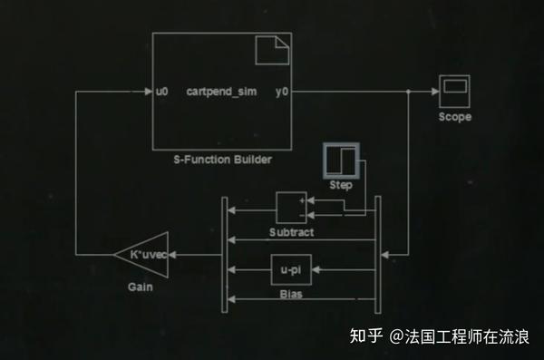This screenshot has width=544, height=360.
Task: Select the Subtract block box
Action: pos(291,208)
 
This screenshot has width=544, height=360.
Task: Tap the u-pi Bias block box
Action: pos(291,270)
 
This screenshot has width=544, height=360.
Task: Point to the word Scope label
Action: pos(454,118)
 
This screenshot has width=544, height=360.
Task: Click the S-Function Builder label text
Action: pos(223,160)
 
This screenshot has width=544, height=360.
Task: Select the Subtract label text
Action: pos(291,232)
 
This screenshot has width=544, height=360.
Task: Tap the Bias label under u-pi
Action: pos(291,294)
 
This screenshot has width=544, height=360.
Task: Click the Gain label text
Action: pos(141,287)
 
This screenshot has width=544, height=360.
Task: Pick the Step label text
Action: pos(341,186)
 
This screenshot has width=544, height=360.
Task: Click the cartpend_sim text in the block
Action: pos(222,92)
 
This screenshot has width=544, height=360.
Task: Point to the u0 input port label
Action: pos(162,92)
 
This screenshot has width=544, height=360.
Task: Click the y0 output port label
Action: pos(282,92)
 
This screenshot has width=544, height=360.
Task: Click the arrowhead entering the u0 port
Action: pos(148,92)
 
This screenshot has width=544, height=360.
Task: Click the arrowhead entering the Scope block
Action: pos(434,92)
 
